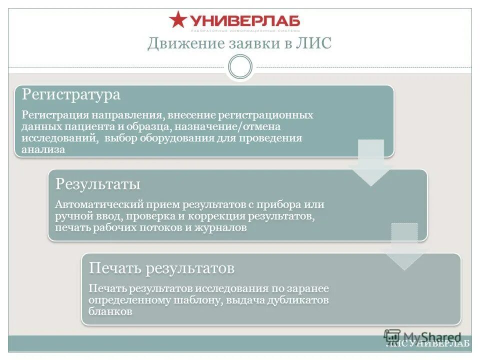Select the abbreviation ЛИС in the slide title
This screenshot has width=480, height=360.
[315, 43]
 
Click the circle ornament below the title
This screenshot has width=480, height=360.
[240, 66]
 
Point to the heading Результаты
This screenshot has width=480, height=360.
[97, 184]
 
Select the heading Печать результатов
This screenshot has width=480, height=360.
[161, 268]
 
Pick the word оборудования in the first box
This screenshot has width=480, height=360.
[180, 138]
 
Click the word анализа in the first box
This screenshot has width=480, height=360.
[43, 149]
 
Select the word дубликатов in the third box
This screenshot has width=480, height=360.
[301, 300]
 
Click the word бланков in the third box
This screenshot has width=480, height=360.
[110, 311]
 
